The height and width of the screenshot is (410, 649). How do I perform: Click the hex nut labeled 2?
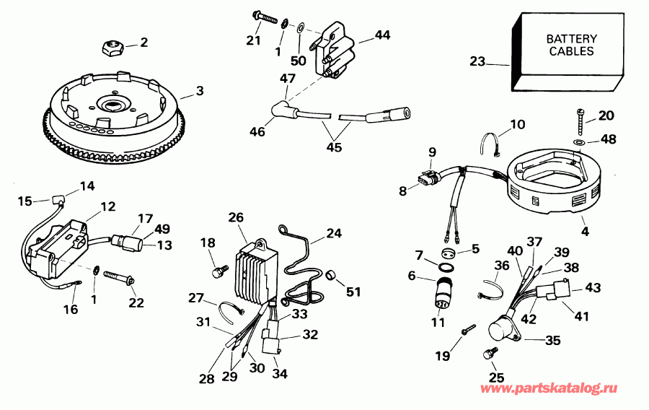point(112,48)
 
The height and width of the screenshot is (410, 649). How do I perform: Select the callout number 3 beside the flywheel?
point(200,91)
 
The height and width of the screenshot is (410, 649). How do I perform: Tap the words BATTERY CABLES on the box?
point(570,45)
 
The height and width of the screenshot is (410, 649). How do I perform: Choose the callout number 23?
point(477,62)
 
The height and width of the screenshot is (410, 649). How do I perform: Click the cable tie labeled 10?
point(493,144)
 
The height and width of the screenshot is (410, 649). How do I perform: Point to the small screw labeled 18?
point(215,270)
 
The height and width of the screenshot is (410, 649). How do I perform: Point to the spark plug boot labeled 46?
point(278,110)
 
